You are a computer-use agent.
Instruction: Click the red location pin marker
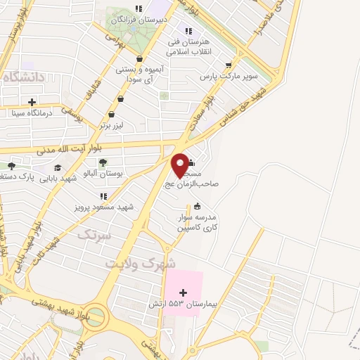pos(181,165)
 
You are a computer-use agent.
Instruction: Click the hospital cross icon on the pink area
pos(184,292)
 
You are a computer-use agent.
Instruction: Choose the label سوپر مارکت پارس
pos(229,75)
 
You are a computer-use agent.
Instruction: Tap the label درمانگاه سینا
pos(32,112)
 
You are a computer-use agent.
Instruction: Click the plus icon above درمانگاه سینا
pos(32,102)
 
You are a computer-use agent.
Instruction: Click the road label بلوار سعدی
pos(200,112)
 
